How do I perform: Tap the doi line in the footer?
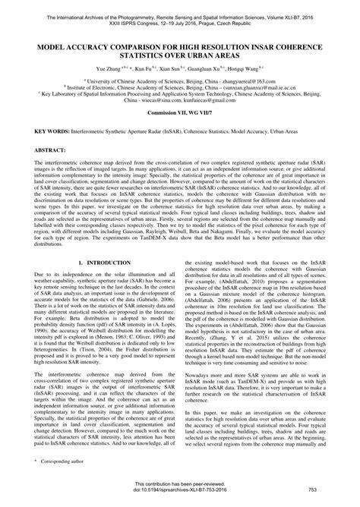[x=180, y=496]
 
